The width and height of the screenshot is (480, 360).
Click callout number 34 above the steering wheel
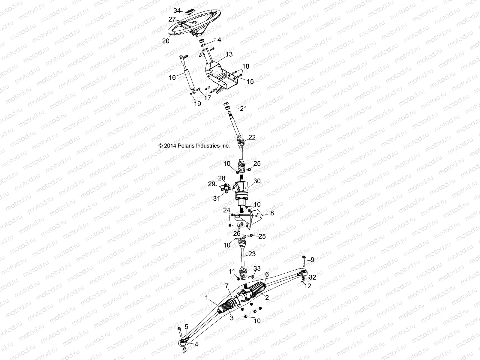point(177,11)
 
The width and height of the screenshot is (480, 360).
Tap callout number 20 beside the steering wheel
point(166,41)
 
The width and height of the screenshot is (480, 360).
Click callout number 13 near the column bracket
point(229,54)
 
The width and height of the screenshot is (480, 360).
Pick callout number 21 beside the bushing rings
point(243,108)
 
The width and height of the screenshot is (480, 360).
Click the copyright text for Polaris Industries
point(194,146)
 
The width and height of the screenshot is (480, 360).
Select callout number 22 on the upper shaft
point(252,137)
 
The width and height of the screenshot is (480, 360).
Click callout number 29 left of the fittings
point(212,184)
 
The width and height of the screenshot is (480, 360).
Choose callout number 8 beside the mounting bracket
point(272,213)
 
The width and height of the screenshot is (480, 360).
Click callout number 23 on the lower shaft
point(252,254)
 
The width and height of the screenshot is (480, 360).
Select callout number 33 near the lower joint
point(257,268)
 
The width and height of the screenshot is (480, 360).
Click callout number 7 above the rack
point(227,286)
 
